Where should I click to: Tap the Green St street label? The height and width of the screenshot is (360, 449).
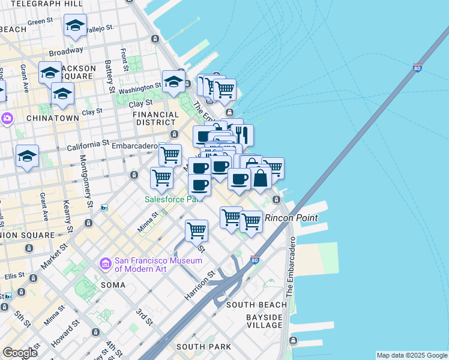point(41,22)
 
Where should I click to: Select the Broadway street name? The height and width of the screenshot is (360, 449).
point(65,52)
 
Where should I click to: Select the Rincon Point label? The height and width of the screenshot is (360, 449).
point(291,218)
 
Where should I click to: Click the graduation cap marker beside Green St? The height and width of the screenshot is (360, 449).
point(75,26)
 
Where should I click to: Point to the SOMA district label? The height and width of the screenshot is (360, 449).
point(113,285)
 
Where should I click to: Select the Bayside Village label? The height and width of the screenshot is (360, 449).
point(264,321)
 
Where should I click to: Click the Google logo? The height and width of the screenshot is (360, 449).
point(20,353)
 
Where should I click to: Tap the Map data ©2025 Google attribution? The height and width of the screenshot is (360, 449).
point(411,355)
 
